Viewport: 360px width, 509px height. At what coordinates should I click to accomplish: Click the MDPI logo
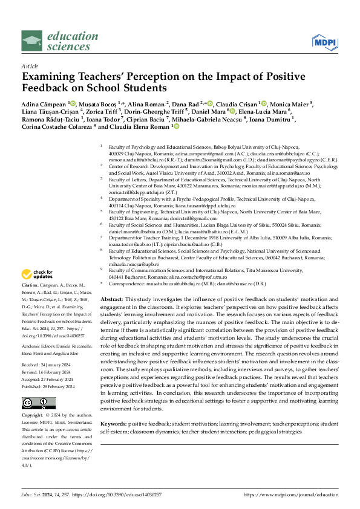click(325, 42)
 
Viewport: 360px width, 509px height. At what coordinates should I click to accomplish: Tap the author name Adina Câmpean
click(43, 103)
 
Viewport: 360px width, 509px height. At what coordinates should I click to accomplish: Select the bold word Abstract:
click(111, 300)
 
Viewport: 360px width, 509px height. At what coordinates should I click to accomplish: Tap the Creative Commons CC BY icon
click(31, 386)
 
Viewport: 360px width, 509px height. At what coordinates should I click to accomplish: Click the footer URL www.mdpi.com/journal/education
click(291, 494)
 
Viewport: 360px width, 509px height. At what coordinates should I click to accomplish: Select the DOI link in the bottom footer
click(115, 494)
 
